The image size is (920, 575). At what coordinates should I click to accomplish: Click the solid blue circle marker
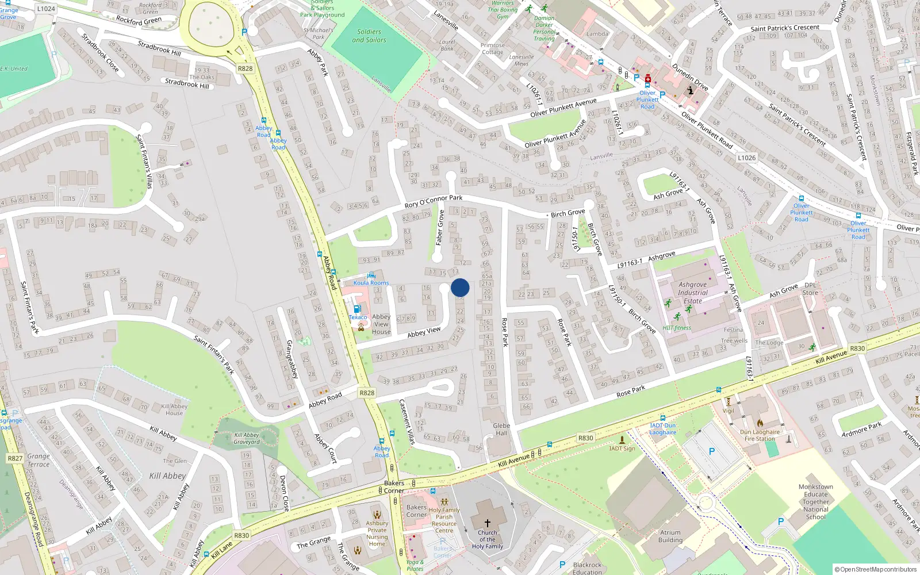(x=460, y=287)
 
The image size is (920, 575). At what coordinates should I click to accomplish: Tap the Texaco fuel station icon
(x=358, y=309)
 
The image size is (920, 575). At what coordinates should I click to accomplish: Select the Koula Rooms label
(x=371, y=283)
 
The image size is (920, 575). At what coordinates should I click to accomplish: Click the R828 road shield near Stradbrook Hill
(x=245, y=68)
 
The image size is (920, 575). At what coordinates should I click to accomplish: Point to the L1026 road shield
(x=746, y=158)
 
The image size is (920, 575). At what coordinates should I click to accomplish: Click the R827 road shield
(x=15, y=458)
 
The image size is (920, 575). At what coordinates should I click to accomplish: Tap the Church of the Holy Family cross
(x=487, y=523)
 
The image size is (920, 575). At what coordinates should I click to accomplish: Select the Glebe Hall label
(x=501, y=430)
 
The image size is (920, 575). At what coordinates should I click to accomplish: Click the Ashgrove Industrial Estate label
(x=692, y=292)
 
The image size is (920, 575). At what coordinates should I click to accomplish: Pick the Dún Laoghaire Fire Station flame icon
(x=760, y=423)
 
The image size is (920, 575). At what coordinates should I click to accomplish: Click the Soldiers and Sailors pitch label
(x=369, y=36)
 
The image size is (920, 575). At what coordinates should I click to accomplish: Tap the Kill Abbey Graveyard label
(x=247, y=438)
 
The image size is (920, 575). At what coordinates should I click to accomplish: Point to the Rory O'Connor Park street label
(x=434, y=201)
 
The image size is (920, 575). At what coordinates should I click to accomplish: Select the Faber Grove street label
(x=440, y=228)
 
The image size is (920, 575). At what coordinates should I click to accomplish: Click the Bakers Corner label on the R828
(x=394, y=486)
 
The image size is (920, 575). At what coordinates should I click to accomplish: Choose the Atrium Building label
(x=670, y=536)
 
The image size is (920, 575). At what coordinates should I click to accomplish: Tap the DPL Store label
(x=810, y=289)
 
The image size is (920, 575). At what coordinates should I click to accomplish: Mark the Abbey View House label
(x=381, y=324)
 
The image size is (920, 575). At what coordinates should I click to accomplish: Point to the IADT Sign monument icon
(x=622, y=440)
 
